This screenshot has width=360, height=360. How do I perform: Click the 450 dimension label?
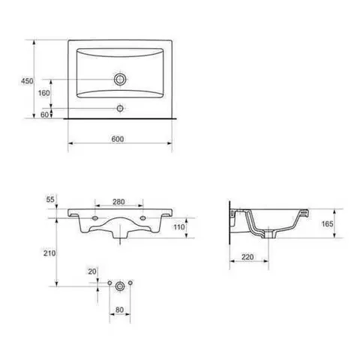(x=27, y=81)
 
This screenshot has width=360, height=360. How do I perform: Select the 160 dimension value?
(x=43, y=93)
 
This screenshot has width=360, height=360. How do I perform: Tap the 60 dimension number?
(x=44, y=115)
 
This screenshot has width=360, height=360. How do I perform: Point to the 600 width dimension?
(x=118, y=139)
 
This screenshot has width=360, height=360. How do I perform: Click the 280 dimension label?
(x=118, y=202)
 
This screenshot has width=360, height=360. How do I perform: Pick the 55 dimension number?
(x=50, y=199)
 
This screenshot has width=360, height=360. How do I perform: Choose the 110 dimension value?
(x=179, y=227)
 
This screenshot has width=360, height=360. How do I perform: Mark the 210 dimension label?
(x=49, y=253)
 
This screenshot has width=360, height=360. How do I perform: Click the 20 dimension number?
(x=92, y=271)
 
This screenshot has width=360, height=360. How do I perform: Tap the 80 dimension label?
(x=119, y=310)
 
